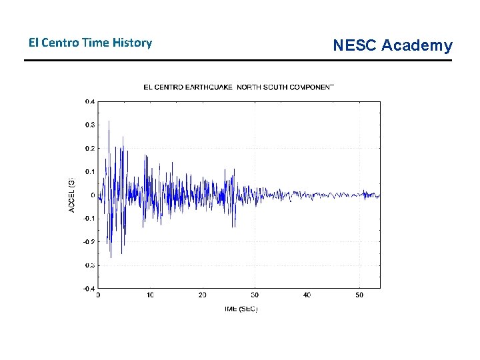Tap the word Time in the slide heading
click(x=100, y=43)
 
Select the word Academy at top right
click(x=417, y=45)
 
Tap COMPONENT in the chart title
click(x=313, y=87)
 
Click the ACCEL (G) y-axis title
click(x=72, y=194)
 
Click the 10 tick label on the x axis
click(x=151, y=295)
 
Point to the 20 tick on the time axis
click(x=203, y=295)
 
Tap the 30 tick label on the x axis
click(x=255, y=295)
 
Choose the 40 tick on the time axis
click(x=307, y=295)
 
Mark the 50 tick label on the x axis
click(x=359, y=295)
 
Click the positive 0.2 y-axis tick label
click(x=89, y=148)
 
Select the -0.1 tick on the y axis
click(x=89, y=218)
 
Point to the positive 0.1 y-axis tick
click(x=89, y=171)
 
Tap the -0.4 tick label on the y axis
click(x=89, y=288)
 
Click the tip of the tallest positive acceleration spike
click(x=109, y=121)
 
